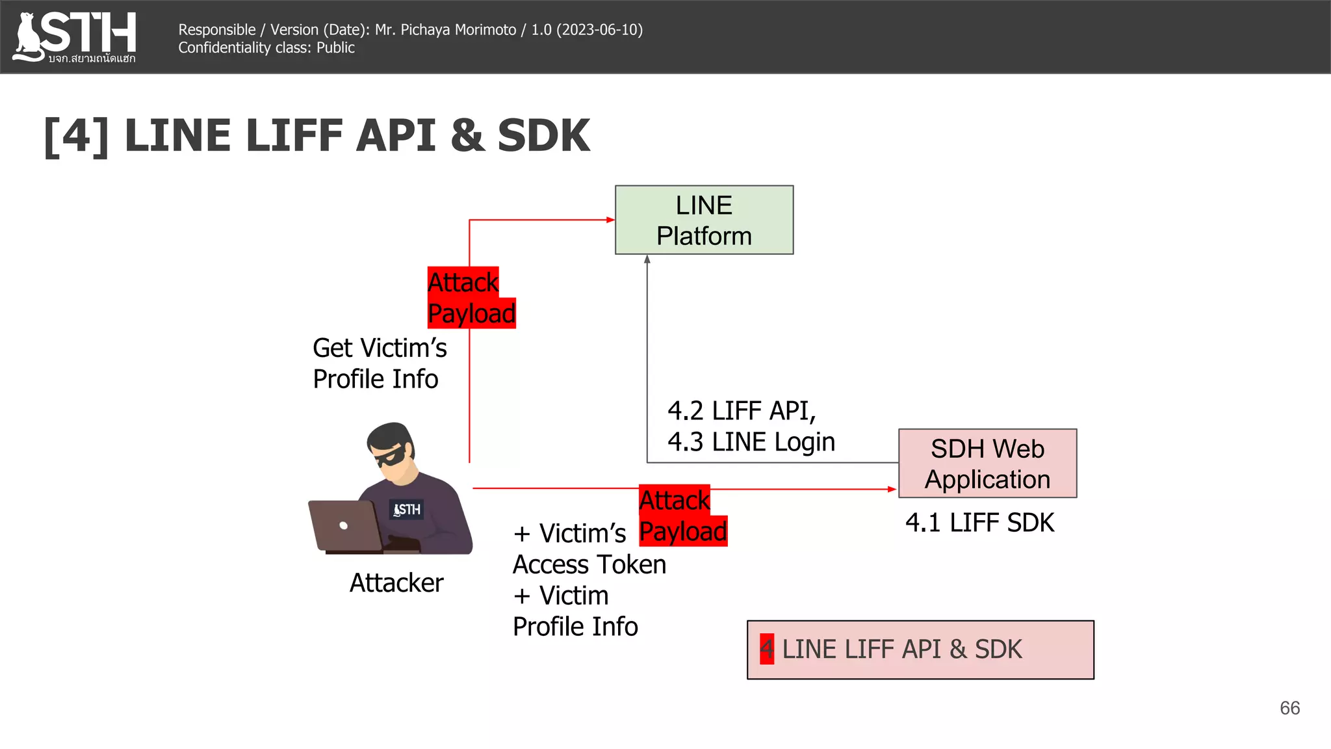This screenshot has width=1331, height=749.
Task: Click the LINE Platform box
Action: (704, 220)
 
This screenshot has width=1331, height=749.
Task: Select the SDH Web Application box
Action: (987, 463)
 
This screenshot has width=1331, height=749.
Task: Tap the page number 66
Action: (1289, 708)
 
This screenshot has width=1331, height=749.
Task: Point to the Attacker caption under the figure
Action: (396, 583)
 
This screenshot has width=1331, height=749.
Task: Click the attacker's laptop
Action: (344, 525)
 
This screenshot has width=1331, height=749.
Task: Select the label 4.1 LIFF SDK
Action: (979, 523)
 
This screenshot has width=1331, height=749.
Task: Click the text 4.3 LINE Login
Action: (751, 442)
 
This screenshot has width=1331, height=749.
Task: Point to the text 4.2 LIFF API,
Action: (742, 411)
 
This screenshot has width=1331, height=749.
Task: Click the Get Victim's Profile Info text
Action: (380, 363)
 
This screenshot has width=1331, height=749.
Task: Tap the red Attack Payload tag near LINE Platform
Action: (471, 298)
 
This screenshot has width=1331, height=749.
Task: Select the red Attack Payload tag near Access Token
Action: (682, 516)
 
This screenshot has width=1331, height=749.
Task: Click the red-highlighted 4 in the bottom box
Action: (767, 649)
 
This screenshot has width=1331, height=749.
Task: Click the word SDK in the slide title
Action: (543, 136)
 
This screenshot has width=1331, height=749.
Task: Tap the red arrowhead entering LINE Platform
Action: (610, 220)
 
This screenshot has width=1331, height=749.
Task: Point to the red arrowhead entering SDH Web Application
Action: (892, 489)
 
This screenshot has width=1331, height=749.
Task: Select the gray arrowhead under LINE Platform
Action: (647, 259)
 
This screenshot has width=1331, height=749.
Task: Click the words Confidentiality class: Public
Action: (266, 48)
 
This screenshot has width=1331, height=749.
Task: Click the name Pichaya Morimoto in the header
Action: (458, 30)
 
